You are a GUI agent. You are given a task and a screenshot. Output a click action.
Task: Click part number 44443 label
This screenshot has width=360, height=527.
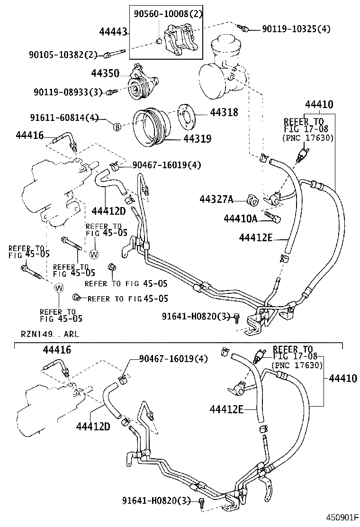pyautogui.click(x=114, y=32)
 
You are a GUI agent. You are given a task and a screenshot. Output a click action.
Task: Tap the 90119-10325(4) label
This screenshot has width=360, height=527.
pyautogui.click(x=296, y=29)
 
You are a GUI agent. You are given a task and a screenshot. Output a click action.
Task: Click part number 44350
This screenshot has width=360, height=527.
pyautogui.click(x=105, y=73)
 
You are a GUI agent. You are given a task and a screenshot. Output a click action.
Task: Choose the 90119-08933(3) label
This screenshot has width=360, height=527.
pyautogui.click(x=67, y=91)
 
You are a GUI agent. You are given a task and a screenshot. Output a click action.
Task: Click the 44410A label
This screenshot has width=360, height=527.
pyautogui.click(x=240, y=218)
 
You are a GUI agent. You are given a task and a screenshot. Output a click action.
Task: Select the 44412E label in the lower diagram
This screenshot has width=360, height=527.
pyautogui.click(x=226, y=408)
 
